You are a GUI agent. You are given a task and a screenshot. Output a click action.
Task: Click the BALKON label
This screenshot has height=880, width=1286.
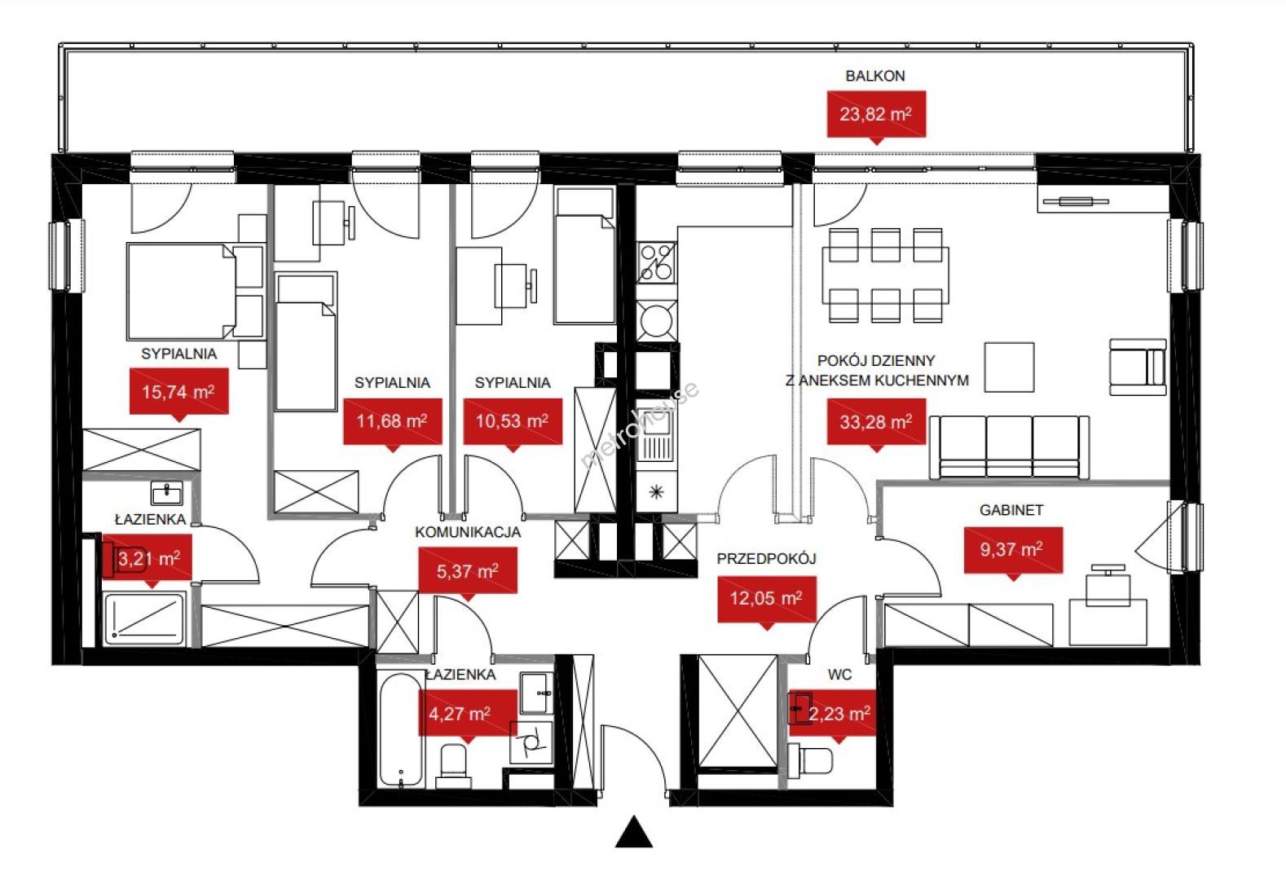click(x=875, y=76)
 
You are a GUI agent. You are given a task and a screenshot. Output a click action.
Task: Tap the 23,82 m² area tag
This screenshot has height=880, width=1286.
click(x=876, y=114)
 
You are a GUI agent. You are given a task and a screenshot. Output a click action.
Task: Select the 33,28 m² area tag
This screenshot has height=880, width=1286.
click(x=876, y=422)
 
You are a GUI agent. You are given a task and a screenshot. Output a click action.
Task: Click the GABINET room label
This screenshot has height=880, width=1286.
click(x=1011, y=510)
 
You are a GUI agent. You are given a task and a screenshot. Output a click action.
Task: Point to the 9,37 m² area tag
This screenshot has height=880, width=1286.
click(x=1013, y=550)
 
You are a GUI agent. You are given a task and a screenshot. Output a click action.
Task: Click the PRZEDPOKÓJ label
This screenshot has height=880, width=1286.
click(x=766, y=558)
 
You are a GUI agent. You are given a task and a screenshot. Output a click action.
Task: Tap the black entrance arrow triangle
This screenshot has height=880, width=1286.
click(x=634, y=832)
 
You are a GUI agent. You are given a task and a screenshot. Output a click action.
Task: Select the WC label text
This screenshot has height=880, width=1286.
click(x=839, y=675)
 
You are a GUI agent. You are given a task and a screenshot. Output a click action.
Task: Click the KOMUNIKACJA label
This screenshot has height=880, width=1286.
click(x=468, y=532)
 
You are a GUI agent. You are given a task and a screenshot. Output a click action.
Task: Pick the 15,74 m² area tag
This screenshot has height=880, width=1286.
click(x=179, y=391)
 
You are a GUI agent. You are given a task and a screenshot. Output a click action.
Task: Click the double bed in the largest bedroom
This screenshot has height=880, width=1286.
click(x=182, y=291)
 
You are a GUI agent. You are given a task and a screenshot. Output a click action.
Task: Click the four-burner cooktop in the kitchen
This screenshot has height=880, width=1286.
click(x=656, y=262)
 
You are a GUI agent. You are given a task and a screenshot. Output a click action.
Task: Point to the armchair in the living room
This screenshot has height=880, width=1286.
click(x=1138, y=367)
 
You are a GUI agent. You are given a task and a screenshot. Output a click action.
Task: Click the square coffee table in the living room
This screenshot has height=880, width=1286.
click(x=1009, y=367)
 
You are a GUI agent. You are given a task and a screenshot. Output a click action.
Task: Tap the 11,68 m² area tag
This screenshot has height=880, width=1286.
click(x=393, y=421)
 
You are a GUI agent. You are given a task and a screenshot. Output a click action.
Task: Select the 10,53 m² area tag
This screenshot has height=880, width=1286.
click(x=513, y=421)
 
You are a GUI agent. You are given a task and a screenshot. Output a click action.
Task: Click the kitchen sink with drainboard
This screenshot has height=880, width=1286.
click(x=655, y=434)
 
